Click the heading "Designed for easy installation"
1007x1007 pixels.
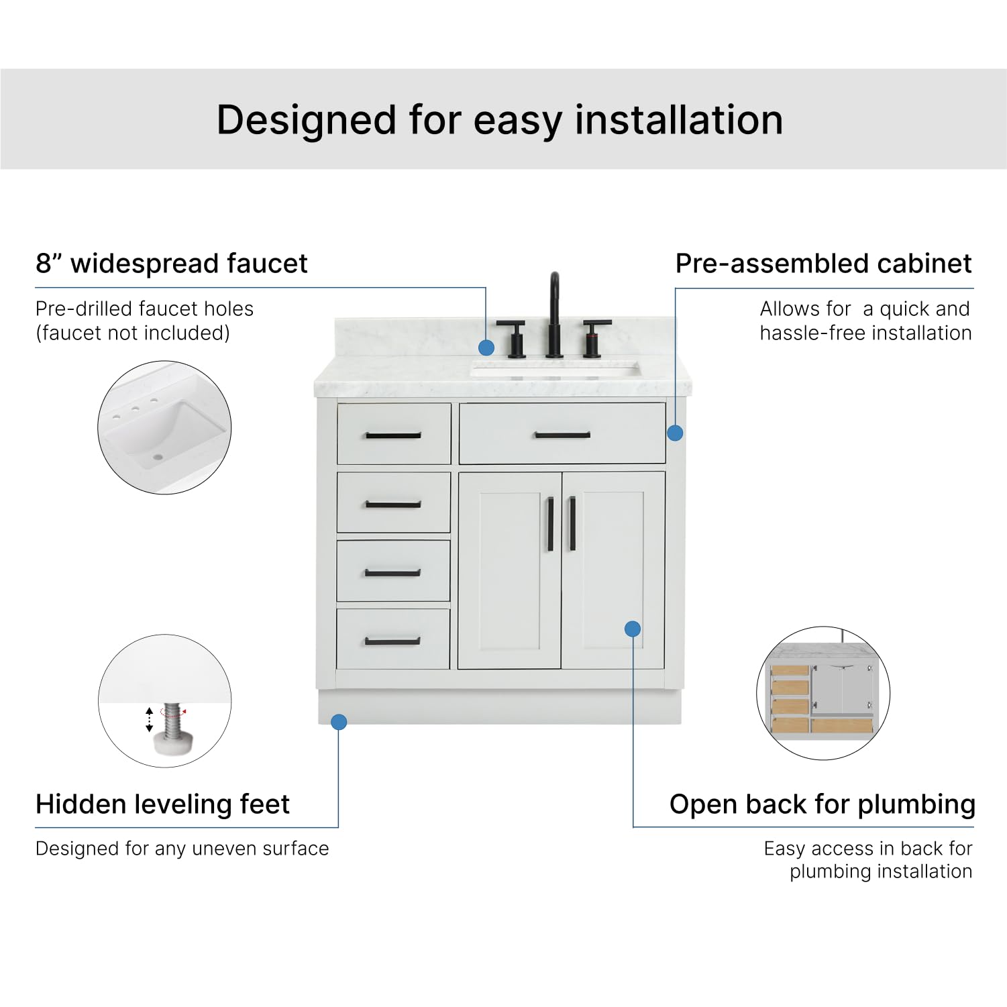pyautogui.click(x=500, y=120)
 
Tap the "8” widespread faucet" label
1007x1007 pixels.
pyautogui.click(x=171, y=264)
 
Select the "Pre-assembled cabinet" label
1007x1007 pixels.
pyautogui.click(x=823, y=264)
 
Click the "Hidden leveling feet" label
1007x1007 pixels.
pyautogui.click(x=162, y=804)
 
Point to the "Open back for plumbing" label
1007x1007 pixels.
pyautogui.click(x=822, y=804)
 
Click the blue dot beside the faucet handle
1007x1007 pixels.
pyautogui.click(x=486, y=348)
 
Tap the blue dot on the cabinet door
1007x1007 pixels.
pyautogui.click(x=632, y=629)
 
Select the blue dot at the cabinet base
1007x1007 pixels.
pyautogui.click(x=339, y=722)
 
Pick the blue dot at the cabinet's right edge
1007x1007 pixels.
pyautogui.click(x=675, y=433)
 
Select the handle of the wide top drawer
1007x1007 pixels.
pyautogui.click(x=562, y=435)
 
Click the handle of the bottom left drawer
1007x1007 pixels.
pyautogui.click(x=392, y=641)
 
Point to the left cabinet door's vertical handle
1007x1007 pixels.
pyautogui.click(x=550, y=524)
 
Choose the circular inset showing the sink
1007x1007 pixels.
pyautogui.click(x=164, y=427)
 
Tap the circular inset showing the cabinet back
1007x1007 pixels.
pyautogui.click(x=823, y=693)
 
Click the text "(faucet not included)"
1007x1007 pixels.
pyautogui.click(x=132, y=333)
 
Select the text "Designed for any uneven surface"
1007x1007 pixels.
pyautogui.click(x=182, y=849)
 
